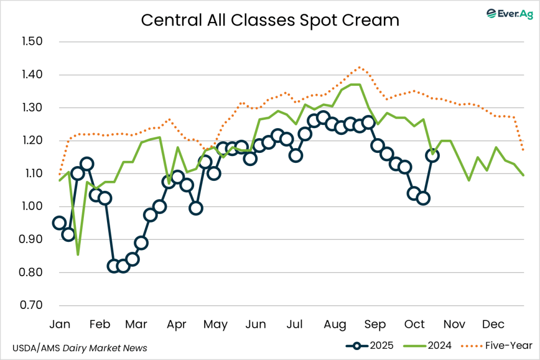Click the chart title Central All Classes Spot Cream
tap(269, 21)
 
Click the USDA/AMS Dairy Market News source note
tap(79, 348)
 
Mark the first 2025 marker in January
tap(60, 223)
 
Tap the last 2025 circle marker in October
tap(432, 155)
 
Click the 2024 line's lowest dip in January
tap(78, 255)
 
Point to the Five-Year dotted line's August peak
tap(359, 67)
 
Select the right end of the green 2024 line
tap(524, 175)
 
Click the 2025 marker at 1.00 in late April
tap(196, 208)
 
